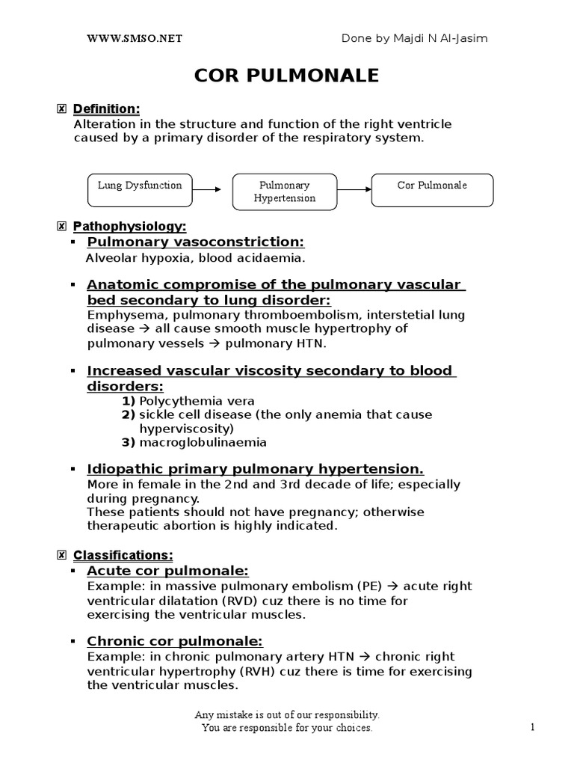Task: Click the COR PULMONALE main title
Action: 286,76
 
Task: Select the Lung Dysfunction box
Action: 140,190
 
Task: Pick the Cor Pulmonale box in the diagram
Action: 433,190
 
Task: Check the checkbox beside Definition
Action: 61,110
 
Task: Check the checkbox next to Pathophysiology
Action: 61,226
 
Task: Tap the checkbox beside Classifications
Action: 61,555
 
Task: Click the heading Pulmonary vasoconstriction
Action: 196,242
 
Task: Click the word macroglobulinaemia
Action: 203,442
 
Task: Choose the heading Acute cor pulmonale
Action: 167,571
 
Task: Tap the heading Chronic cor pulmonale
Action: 175,641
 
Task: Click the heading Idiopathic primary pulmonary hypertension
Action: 255,469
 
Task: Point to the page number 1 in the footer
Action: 533,727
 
